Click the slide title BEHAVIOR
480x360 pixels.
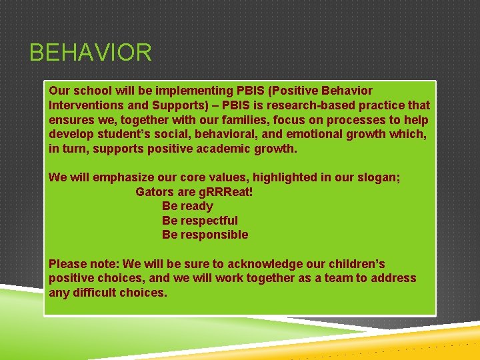coord(91,52)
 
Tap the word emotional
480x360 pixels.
coord(314,134)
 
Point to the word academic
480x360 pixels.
coord(223,149)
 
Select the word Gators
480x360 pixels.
coord(155,192)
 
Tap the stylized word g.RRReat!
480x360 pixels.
coord(226,192)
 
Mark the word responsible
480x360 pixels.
coord(214,235)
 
